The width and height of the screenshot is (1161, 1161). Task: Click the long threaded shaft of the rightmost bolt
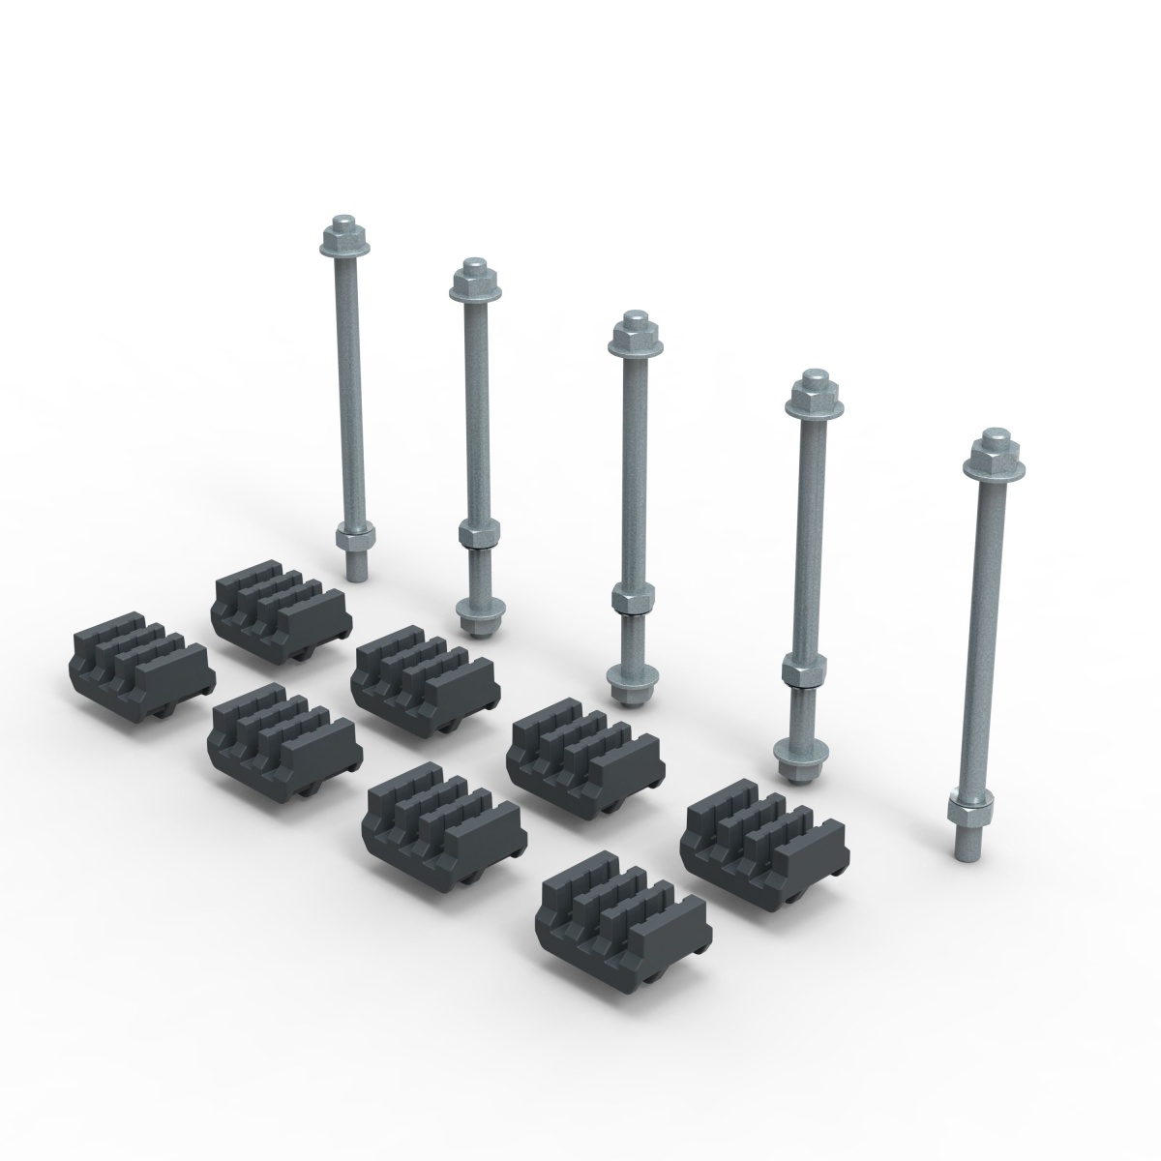(x=979, y=629)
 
